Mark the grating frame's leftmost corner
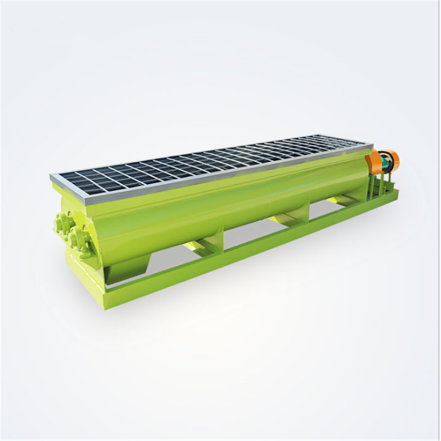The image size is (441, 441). coord(51,177)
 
